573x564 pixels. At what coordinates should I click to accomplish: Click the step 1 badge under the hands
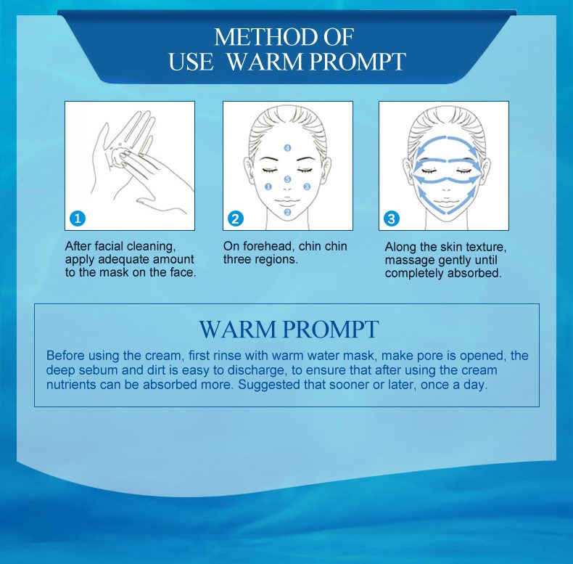tap(79, 218)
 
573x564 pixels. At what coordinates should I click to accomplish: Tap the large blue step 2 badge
tap(235, 218)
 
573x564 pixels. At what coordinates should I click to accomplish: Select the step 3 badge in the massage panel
tap(392, 218)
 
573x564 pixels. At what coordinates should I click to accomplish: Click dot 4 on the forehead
tap(288, 148)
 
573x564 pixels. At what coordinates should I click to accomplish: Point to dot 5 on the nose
tap(287, 179)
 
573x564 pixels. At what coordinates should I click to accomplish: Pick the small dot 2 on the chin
tap(287, 212)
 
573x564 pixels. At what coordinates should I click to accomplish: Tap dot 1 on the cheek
tap(268, 187)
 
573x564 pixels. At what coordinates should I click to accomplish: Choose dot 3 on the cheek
tap(307, 187)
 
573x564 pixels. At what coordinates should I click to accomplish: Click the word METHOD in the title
tap(263, 37)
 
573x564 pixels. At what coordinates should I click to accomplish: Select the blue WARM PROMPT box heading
tap(288, 329)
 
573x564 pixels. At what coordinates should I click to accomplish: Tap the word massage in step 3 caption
tap(409, 260)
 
